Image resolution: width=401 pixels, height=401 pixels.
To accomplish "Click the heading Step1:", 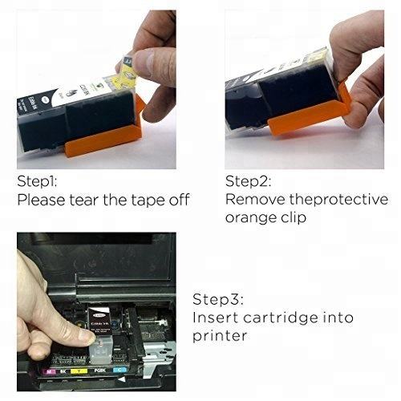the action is click(x=37, y=181).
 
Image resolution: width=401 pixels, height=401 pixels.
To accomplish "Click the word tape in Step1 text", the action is click(x=148, y=200).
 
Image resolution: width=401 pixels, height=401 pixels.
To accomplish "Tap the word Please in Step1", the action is click(x=41, y=200).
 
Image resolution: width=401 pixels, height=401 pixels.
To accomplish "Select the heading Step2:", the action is click(x=248, y=181).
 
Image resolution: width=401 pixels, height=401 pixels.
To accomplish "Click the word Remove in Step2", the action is click(x=255, y=199).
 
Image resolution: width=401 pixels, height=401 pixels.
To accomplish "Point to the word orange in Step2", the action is click(x=250, y=218).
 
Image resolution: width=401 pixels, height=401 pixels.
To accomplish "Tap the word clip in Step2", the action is click(x=294, y=217).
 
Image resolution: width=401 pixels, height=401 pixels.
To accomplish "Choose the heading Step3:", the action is click(x=218, y=299).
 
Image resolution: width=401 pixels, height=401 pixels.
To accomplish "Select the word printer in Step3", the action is click(x=219, y=336).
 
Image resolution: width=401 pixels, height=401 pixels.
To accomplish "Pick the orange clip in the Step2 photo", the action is click(x=310, y=115).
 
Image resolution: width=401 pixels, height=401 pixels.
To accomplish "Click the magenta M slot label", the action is click(x=49, y=371).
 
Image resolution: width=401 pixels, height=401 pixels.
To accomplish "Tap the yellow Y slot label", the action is click(x=79, y=371).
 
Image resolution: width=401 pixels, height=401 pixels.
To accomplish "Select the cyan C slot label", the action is click(x=119, y=370).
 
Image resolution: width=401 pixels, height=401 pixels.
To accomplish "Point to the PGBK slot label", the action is click(x=100, y=371).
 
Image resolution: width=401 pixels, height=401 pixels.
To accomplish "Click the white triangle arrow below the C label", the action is click(x=122, y=379).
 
